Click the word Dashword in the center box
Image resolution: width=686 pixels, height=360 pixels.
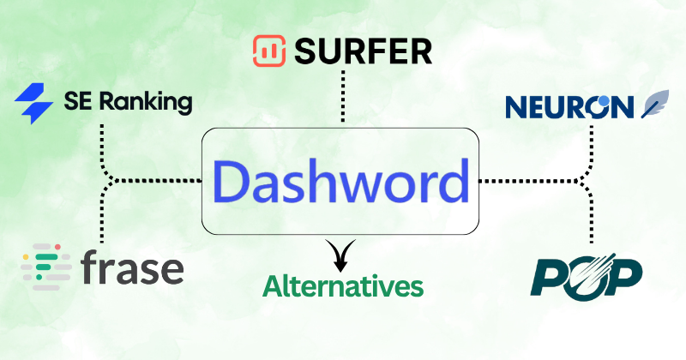341,183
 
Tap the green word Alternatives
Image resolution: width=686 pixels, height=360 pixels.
343,285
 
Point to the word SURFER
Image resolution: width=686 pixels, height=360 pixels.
364,52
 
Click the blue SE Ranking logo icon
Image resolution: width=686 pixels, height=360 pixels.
34,104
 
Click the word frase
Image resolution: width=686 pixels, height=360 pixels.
133,267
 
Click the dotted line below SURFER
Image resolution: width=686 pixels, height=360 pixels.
343,96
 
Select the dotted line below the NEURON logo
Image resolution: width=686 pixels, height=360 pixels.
591,146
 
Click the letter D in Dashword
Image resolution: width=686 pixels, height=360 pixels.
230,183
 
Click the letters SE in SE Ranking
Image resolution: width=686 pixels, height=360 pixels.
75,104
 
